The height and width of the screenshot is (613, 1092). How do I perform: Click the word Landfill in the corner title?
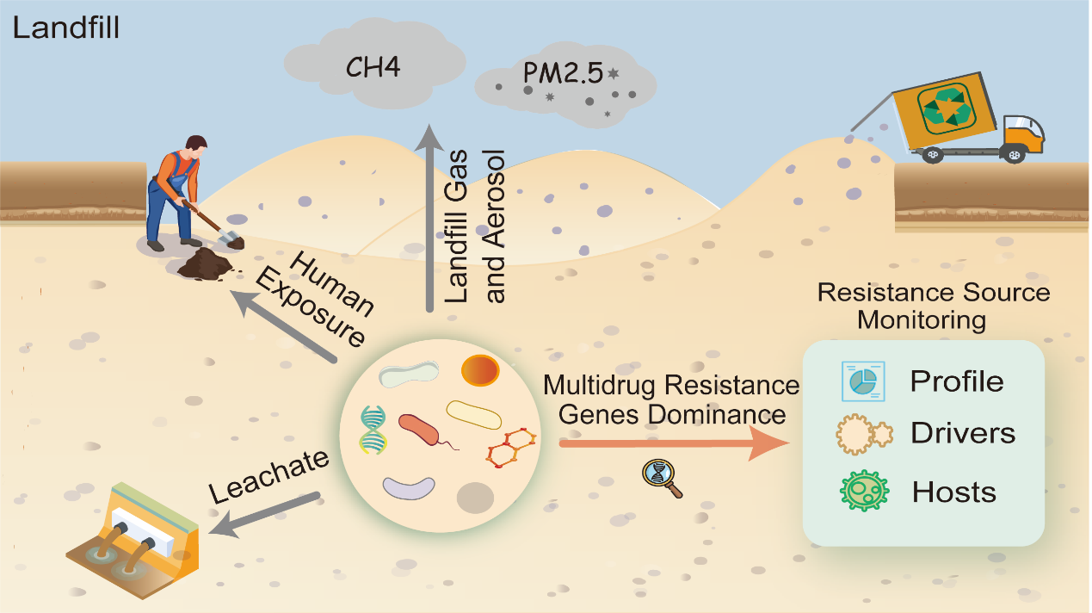click(65, 28)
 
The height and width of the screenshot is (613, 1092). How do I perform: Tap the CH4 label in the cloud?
click(373, 67)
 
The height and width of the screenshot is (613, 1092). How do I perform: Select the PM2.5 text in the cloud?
click(563, 73)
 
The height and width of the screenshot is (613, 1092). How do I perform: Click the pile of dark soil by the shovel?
click(205, 264)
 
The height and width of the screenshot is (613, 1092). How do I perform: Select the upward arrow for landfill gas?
click(429, 218)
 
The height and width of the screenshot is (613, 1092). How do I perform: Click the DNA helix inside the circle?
click(373, 430)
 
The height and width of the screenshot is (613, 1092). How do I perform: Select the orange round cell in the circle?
click(480, 370)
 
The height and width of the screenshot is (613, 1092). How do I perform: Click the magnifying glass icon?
click(662, 478)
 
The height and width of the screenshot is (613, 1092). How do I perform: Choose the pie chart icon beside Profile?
click(863, 381)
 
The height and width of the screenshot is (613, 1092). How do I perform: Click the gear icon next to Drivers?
click(864, 434)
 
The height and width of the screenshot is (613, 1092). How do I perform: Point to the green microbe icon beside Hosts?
click(864, 491)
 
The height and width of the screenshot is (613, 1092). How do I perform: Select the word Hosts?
click(954, 492)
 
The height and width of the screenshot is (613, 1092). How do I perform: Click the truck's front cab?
click(1023, 135)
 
